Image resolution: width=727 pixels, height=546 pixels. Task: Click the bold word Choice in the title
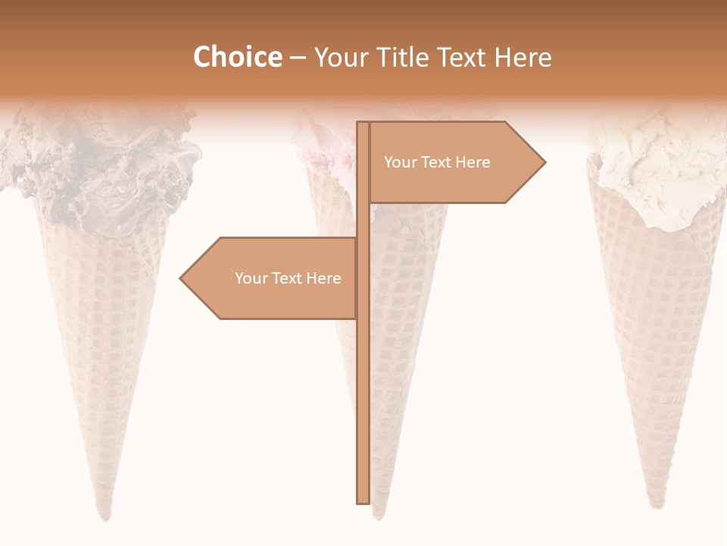click(x=237, y=57)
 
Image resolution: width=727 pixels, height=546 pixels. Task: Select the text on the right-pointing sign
click(x=437, y=162)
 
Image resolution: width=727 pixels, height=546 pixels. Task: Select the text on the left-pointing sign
click(x=288, y=278)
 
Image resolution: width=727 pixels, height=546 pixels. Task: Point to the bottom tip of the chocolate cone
click(x=107, y=518)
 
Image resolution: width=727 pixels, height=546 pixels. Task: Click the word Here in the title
click(x=523, y=57)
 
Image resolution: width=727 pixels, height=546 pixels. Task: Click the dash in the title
click(x=298, y=57)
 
